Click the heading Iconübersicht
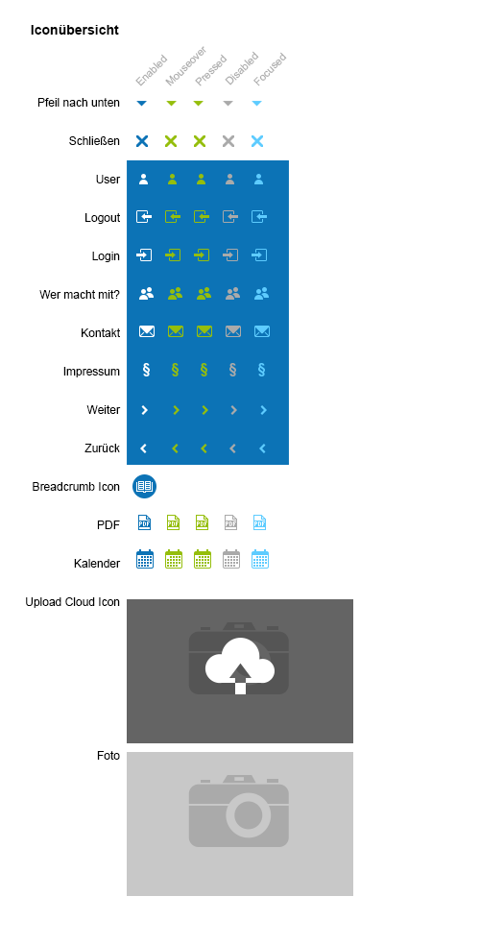[x=75, y=30]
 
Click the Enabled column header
[x=151, y=70]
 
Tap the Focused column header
[x=269, y=69]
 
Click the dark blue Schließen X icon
[x=142, y=141]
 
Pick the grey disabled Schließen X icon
[x=228, y=141]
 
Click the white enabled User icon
[x=143, y=179]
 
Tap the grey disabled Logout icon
[x=230, y=216]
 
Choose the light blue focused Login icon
[x=259, y=254]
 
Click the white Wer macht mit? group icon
[x=146, y=294]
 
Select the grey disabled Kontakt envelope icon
[x=233, y=331]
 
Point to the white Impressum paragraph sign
[x=146, y=370]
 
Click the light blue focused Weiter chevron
[x=263, y=410]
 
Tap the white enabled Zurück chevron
[x=143, y=448]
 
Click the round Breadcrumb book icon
[x=145, y=486]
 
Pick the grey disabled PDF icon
[x=230, y=522]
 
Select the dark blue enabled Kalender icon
[x=145, y=559]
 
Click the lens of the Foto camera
[x=248, y=815]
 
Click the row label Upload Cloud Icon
[x=72, y=602]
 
